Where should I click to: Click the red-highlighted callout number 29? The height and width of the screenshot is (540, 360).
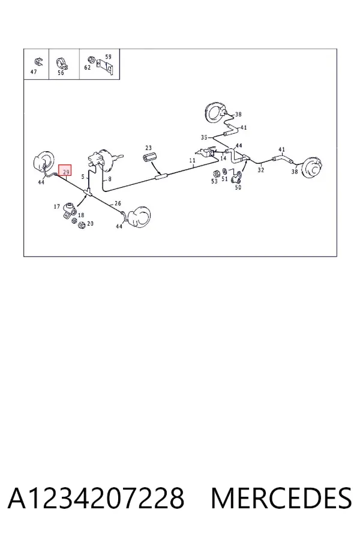pos(65,171)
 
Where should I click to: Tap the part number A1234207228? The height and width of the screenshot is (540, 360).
pos(96,498)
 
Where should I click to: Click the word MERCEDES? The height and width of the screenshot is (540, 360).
pos(281,498)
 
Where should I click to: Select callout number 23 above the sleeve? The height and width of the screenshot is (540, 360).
pos(148,148)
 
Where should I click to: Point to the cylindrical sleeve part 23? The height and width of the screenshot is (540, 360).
pos(149,158)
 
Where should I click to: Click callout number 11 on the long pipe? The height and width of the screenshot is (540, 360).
pos(192,160)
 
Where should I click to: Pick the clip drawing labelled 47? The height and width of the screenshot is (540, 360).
pos(38,62)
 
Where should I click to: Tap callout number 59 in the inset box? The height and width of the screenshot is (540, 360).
pos(108,56)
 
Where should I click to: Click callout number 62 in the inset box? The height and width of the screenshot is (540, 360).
pos(88,67)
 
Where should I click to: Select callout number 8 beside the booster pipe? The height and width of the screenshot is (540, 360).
pos(110,179)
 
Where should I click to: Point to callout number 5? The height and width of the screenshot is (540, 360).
pos(83,176)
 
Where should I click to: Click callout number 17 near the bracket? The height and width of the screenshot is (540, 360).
pos(57,206)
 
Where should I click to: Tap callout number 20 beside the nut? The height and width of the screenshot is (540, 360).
pos(90,224)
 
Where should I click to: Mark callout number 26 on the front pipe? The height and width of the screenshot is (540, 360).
pos(118,203)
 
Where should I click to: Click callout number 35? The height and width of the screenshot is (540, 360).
pos(204,137)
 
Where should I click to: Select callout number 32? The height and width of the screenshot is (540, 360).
pos(261,169)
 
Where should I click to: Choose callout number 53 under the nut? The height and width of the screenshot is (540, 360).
pos(214,181)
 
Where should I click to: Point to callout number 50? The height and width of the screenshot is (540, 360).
pos(238,187)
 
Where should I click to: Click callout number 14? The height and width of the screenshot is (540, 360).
pos(223,158)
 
